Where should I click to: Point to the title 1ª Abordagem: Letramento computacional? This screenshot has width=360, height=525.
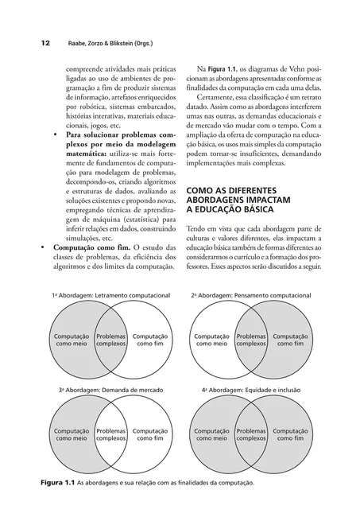click(111, 295)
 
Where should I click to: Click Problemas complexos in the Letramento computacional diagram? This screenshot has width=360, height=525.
click(111, 341)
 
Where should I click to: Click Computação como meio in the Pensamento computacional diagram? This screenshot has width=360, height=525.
click(211, 341)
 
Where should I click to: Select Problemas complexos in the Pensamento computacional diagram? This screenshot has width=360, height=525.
click(251, 341)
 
